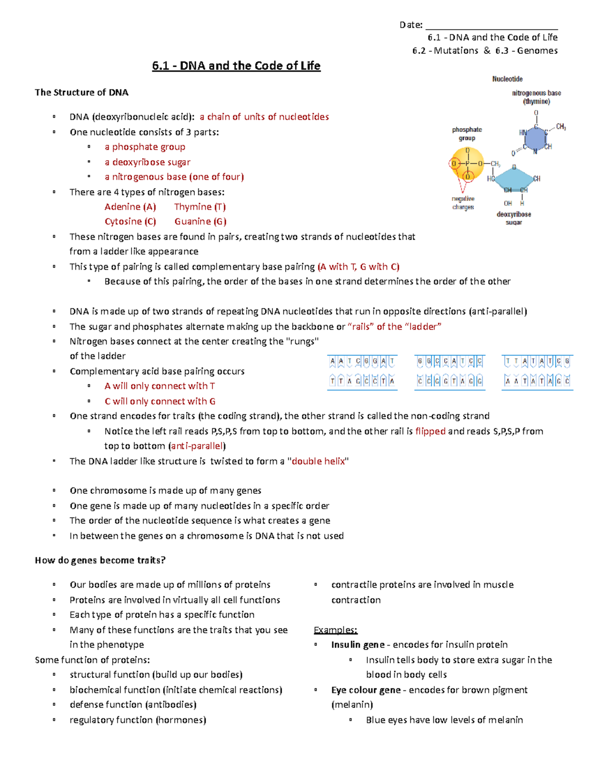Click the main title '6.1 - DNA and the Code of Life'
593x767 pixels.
point(236,66)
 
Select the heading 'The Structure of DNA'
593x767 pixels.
point(82,92)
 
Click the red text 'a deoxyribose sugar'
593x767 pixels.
point(147,162)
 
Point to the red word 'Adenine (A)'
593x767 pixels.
point(130,207)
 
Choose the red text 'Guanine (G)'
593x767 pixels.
point(200,222)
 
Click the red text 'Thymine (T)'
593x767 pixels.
point(200,207)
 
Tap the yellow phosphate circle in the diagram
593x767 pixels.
point(467,163)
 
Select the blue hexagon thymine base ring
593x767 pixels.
point(536,138)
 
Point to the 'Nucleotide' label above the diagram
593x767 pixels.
point(507,79)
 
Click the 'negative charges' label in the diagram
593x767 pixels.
point(463,203)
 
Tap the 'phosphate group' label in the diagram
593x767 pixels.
point(466,134)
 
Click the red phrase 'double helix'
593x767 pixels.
point(318,461)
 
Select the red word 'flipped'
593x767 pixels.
point(430,431)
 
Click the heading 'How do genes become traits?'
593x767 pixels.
point(100,560)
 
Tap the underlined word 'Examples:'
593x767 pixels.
point(336,630)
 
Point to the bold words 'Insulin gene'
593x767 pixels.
point(358,645)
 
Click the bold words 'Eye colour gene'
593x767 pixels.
point(366,690)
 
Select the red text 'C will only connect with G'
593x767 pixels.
point(160,402)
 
